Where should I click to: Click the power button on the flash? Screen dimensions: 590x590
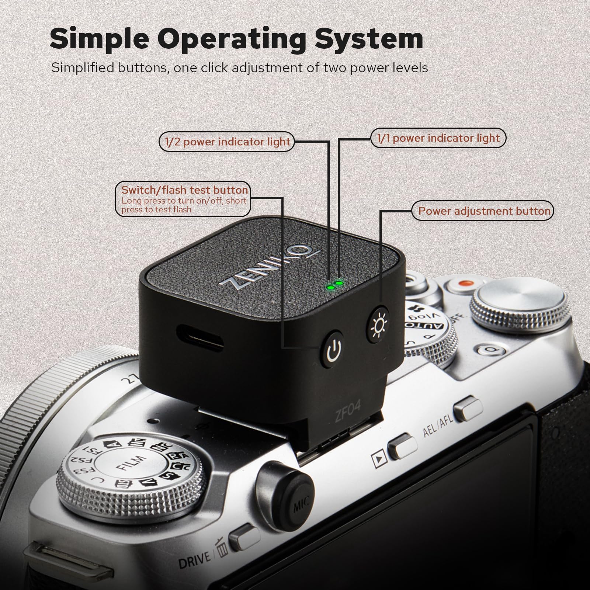coord(332,348)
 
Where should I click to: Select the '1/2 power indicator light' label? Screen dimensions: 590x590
coord(227,142)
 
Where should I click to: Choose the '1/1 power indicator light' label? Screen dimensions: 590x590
coord(438,138)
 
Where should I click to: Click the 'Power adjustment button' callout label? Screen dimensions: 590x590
coord(484,211)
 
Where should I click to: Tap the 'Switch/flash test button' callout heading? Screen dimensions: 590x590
coord(184,190)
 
